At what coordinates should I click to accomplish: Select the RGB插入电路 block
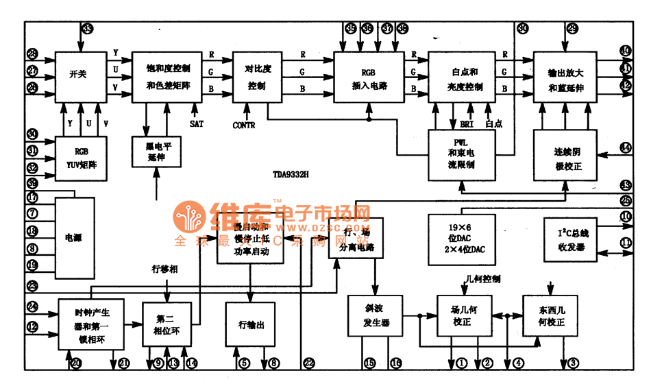[369, 77]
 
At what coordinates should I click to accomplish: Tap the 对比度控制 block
[258, 77]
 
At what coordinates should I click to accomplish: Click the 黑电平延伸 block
[156, 152]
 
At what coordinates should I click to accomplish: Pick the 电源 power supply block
[73, 238]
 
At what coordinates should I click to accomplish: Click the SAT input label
[197, 123]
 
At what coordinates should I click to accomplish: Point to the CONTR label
[244, 125]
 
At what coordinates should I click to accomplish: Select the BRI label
[467, 124]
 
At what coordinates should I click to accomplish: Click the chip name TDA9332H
[289, 175]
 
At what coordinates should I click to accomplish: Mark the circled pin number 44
[625, 147]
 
